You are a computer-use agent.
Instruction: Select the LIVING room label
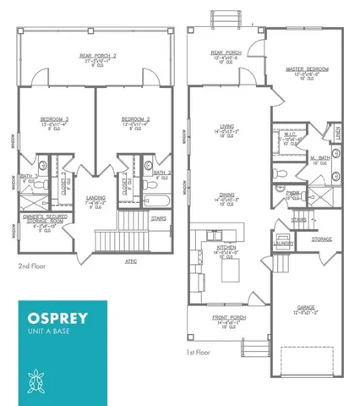coord(226,127)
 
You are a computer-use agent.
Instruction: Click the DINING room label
coord(226,194)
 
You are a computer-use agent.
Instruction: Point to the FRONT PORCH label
coord(226,318)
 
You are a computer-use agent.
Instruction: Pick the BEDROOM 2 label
coord(136,119)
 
